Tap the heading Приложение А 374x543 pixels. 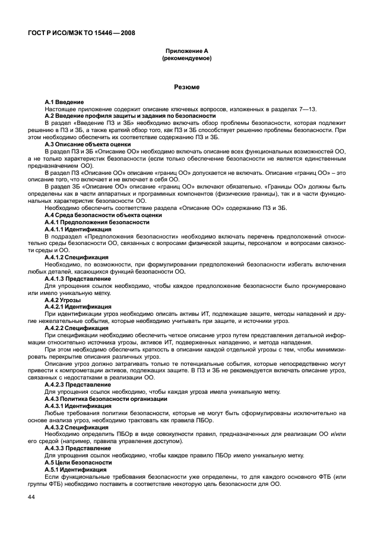(x=186, y=52)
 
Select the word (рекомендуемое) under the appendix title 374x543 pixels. (x=186, y=59)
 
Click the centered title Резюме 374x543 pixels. (x=186, y=87)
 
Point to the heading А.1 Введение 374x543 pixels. (x=64, y=103)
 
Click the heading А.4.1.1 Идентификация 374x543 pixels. (x=78, y=229)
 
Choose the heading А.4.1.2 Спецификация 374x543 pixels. (x=77, y=256)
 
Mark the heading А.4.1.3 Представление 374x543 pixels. (x=78, y=278)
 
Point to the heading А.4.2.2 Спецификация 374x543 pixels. (x=77, y=328)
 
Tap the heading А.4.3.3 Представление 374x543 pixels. (x=78, y=448)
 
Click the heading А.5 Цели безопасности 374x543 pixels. (x=78, y=462)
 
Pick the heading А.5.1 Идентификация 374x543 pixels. (x=75, y=469)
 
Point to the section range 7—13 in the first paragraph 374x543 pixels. (x=310, y=109)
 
